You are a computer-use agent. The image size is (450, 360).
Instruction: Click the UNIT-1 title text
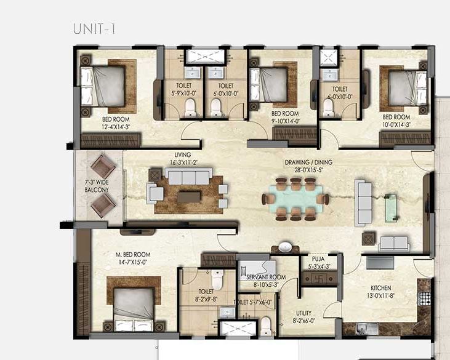click(94, 28)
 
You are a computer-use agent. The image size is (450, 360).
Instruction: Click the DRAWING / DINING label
click(308, 162)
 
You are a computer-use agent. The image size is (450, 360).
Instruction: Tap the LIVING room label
click(182, 155)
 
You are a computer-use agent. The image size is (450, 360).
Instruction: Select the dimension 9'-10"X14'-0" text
click(284, 121)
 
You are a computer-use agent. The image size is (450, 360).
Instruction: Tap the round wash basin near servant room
click(285, 247)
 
